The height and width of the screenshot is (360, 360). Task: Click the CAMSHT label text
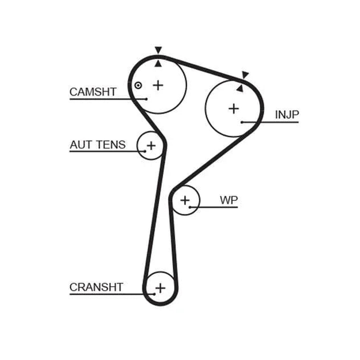coord(93,92)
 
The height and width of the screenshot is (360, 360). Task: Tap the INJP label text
coord(287,115)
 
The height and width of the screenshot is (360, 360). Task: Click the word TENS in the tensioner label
coord(111,145)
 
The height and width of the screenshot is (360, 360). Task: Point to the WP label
coord(229,200)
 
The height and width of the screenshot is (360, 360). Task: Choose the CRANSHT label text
coord(96,287)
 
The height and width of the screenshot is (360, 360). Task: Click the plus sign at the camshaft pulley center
coord(158,85)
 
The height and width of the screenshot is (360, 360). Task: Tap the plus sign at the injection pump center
coord(234,109)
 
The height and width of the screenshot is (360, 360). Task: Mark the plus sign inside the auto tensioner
coord(151,146)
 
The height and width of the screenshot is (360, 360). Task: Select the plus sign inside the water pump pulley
coord(185,200)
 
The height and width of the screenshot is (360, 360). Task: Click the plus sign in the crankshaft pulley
coord(160,288)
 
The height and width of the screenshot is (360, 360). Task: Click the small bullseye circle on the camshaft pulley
coord(138,86)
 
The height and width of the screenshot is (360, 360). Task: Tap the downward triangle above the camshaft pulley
coord(158,50)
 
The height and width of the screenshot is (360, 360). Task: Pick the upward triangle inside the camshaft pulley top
coord(158,64)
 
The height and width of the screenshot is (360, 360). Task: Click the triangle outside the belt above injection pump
coord(245,74)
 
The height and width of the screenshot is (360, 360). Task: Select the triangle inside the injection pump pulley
coord(240,89)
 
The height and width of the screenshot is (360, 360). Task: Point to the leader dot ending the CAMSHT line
coord(146,99)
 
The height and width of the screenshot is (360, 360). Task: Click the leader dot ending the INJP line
coord(242,122)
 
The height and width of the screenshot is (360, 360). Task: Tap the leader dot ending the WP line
coord(190,208)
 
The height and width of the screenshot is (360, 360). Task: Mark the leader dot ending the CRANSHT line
coord(155,295)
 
